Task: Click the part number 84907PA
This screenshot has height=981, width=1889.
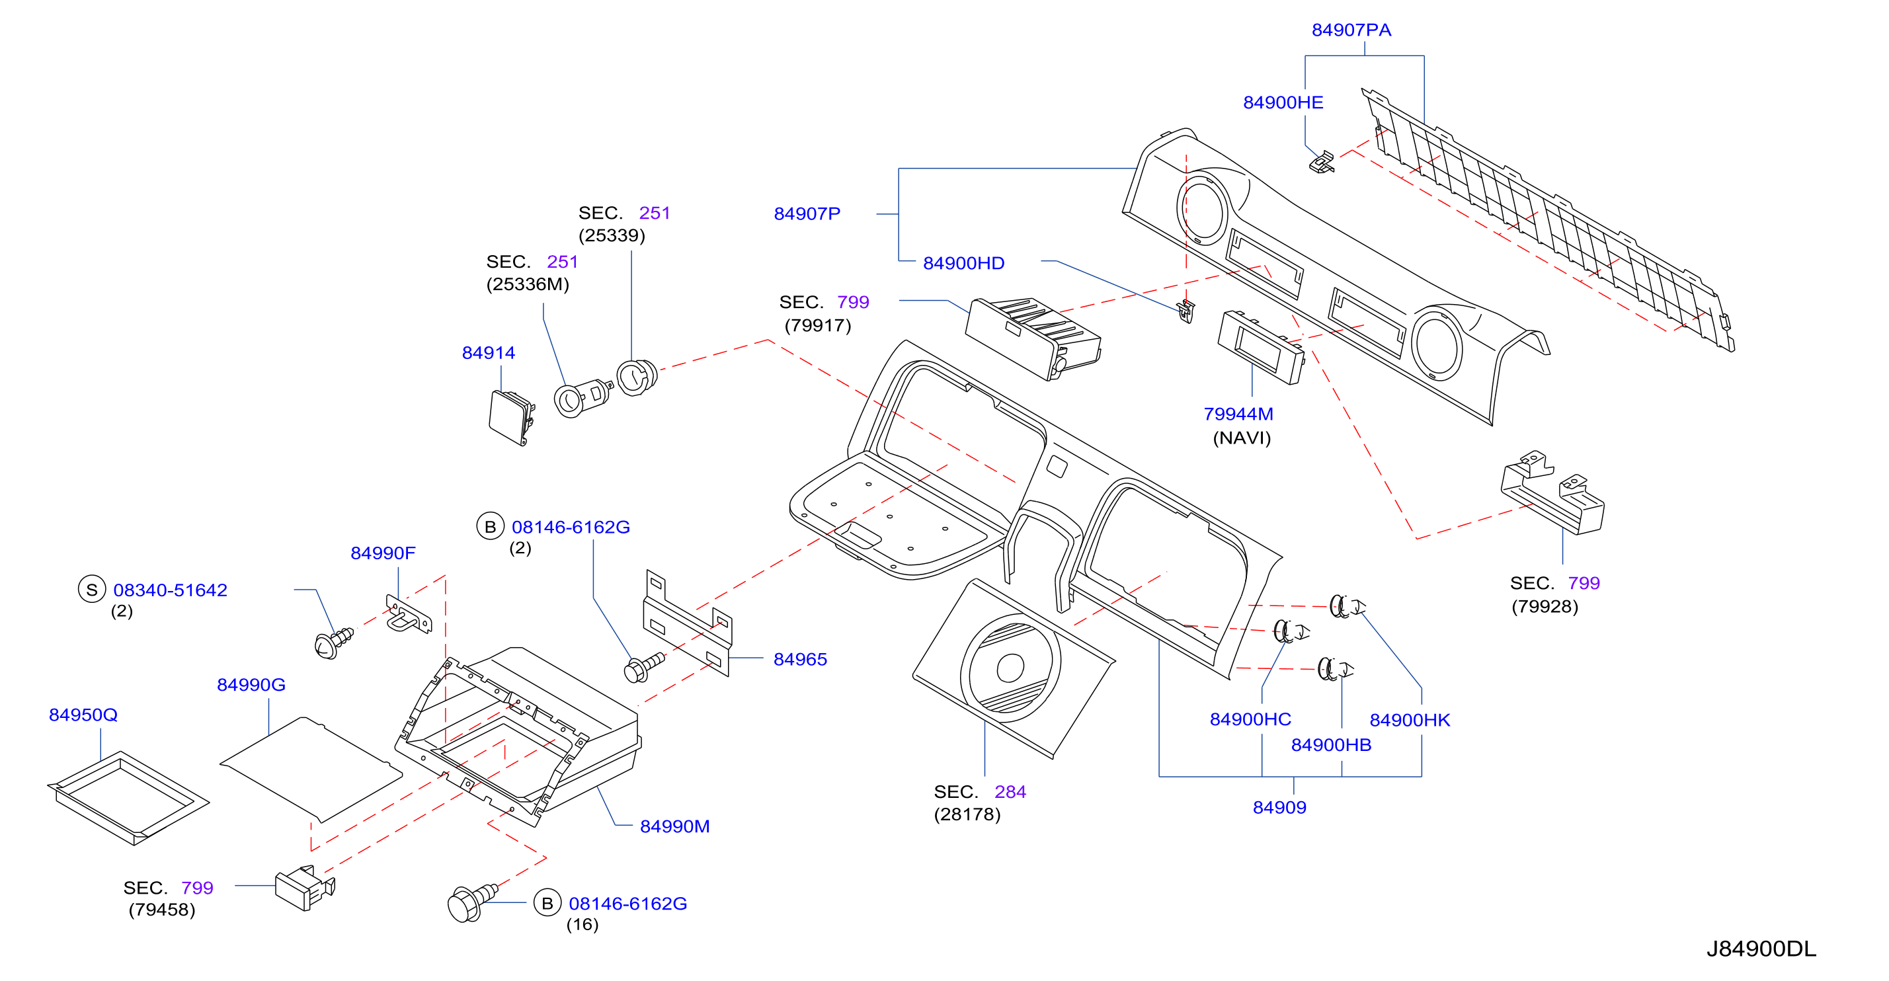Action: (1351, 30)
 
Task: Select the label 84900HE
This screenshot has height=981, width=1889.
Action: (1283, 102)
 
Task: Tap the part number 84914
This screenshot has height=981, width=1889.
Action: (489, 352)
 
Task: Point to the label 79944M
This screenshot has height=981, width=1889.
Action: (1238, 414)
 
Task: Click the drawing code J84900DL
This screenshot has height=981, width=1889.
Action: (1761, 949)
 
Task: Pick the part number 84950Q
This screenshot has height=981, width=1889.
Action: (83, 715)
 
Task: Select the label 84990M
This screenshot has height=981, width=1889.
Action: (674, 826)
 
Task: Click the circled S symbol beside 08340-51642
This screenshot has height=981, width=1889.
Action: (92, 590)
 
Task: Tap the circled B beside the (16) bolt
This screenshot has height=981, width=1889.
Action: (547, 903)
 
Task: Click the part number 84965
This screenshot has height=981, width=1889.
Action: (800, 659)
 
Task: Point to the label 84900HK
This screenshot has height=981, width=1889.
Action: (1410, 720)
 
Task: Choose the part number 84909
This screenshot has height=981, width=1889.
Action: (1279, 807)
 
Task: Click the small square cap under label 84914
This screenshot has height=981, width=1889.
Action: (510, 417)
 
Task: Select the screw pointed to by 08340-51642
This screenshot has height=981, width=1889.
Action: (333, 643)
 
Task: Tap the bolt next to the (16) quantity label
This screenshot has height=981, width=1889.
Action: (471, 902)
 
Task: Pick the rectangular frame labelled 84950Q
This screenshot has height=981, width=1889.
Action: (128, 798)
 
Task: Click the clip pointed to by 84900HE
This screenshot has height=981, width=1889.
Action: (1322, 162)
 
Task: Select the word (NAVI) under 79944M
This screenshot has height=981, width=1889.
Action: (1242, 438)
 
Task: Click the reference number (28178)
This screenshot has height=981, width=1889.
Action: (967, 814)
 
